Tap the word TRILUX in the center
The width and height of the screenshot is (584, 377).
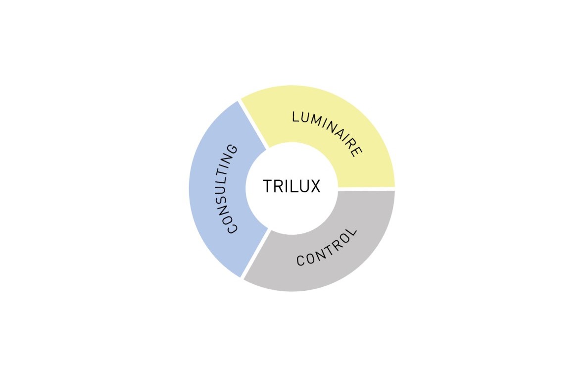(x=292, y=187)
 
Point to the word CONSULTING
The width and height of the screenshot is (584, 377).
(x=228, y=189)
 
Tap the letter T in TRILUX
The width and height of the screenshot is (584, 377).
(x=268, y=187)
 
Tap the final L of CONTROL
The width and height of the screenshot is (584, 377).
(x=352, y=232)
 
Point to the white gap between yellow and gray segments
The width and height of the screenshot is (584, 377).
(x=366, y=189)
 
